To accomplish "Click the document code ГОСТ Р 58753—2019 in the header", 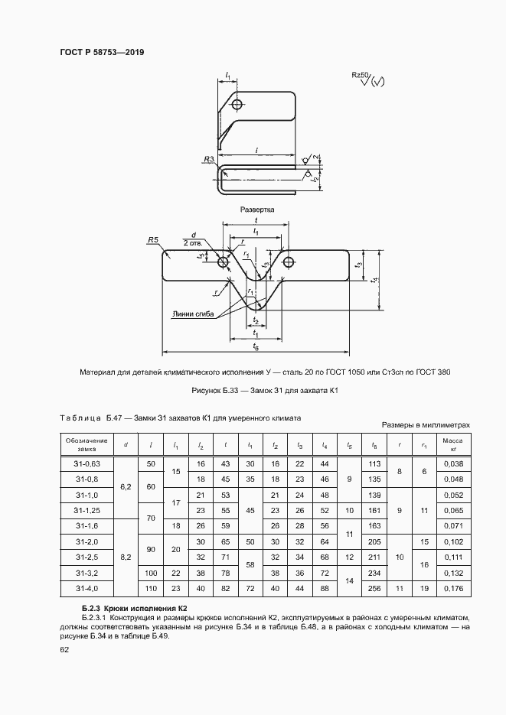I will (x=102, y=52).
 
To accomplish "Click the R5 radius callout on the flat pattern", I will (x=152, y=240).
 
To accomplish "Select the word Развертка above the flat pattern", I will (x=256, y=209).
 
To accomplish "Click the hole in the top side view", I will (x=238, y=104).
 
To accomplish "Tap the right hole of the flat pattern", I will (x=288, y=263).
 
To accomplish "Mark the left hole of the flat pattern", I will (x=224, y=263).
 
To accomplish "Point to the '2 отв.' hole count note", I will (x=192, y=242).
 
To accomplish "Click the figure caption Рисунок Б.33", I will (x=266, y=391).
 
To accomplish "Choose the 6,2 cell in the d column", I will (x=126, y=484).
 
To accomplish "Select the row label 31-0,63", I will (x=89, y=464).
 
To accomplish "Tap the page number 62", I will (x=64, y=649).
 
